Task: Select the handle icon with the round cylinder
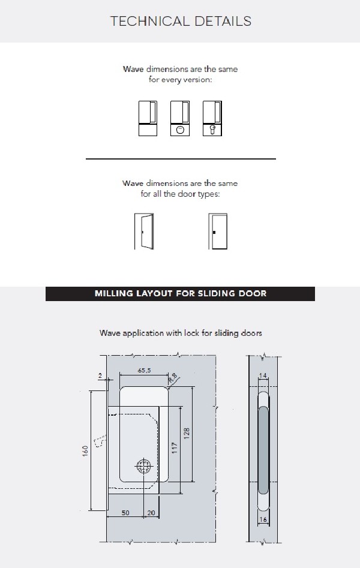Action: tap(180, 118)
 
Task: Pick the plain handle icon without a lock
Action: tap(148, 118)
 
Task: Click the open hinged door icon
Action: tap(143, 231)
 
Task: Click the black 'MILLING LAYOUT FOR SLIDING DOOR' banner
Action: tap(180, 294)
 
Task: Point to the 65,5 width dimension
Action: tap(144, 371)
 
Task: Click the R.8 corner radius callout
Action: tap(173, 378)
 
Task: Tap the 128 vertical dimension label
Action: tap(187, 434)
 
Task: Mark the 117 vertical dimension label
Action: tap(175, 448)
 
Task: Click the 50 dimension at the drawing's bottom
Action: tap(126, 514)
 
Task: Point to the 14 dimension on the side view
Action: tap(262, 375)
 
